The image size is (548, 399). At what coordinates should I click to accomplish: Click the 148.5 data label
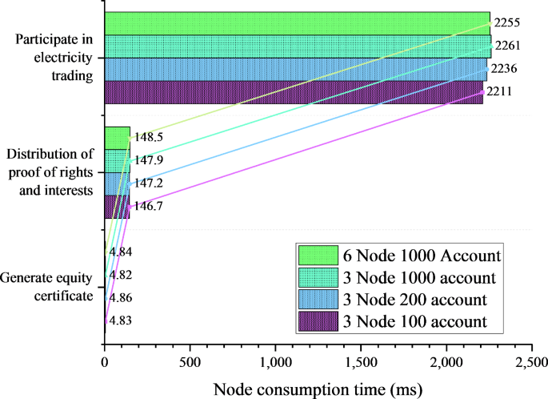148,138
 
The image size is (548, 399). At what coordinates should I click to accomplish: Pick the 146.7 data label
148,206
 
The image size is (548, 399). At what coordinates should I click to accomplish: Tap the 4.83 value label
121,320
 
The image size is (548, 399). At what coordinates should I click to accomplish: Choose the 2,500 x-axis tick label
531,362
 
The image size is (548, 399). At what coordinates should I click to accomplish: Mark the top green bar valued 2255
296,23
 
